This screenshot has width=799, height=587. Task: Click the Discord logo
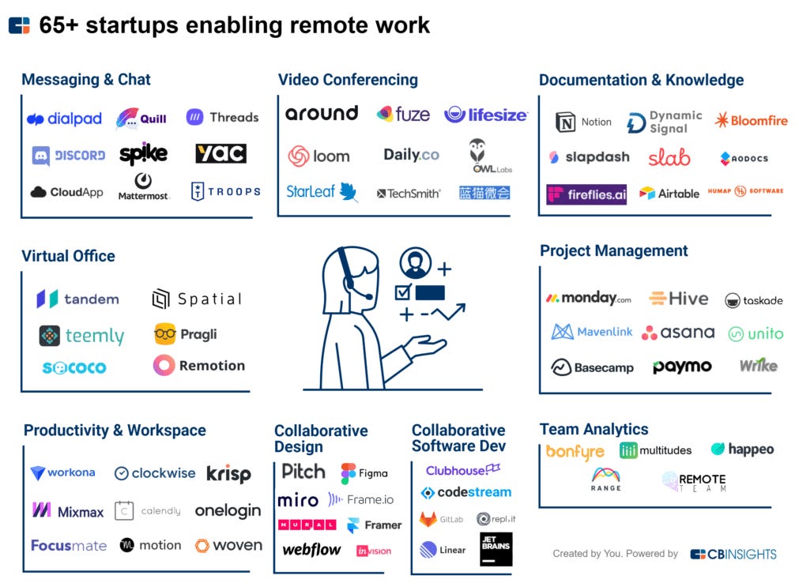[69, 156]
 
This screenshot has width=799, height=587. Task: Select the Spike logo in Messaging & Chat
[143, 153]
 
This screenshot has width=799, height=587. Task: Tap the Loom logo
[318, 156]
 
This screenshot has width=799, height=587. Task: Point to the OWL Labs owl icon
[477, 151]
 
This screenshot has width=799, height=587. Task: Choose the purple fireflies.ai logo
[586, 194]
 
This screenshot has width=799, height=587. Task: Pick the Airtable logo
[669, 193]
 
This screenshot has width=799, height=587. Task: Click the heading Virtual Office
[68, 256]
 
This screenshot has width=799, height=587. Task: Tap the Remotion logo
[199, 366]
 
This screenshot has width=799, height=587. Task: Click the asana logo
[678, 333]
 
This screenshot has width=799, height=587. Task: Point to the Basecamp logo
[592, 367]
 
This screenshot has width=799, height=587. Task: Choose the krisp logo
[228, 473]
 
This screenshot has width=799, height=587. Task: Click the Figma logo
[364, 473]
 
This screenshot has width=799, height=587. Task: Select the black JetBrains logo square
[496, 549]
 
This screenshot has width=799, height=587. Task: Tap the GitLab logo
[442, 519]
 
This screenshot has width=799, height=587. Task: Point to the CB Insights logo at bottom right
[733, 554]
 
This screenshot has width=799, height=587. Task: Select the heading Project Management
[613, 250]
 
